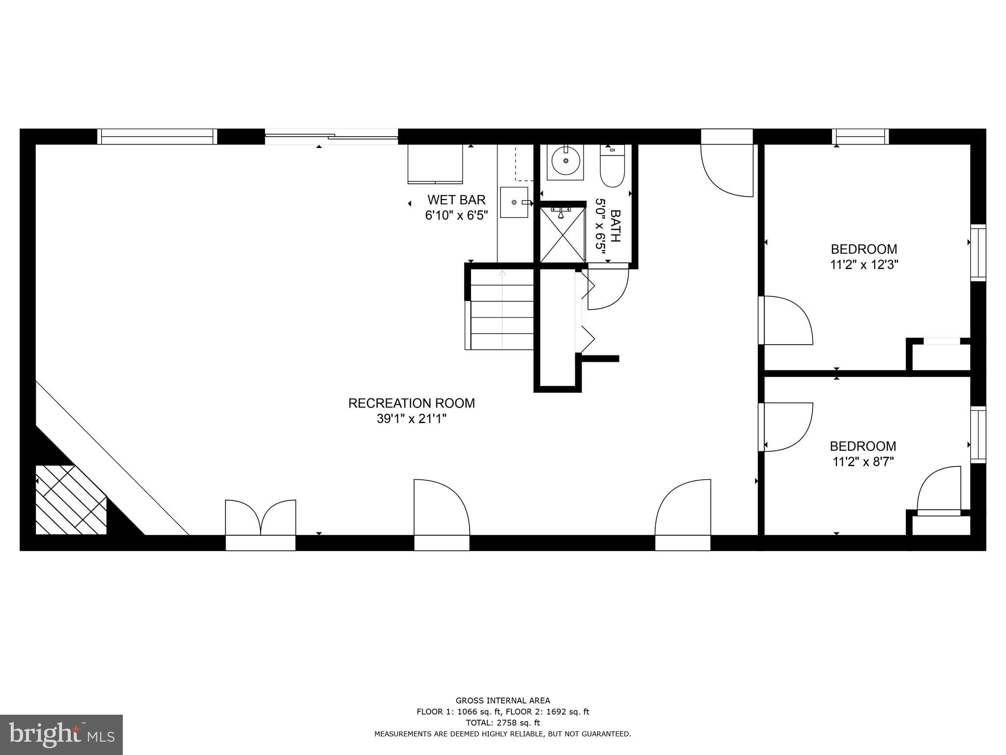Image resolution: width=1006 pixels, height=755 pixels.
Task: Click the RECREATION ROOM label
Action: (x=411, y=403)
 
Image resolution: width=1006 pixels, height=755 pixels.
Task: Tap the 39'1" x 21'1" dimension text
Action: (x=411, y=419)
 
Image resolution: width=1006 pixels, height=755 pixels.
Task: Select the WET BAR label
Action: (x=456, y=200)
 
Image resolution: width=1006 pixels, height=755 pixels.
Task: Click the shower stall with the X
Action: (x=562, y=235)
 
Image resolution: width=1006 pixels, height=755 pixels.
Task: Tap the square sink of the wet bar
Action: (x=514, y=202)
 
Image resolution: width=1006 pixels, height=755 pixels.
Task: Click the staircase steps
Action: (x=502, y=317)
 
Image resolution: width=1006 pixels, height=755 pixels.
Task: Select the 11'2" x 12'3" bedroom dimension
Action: (x=864, y=265)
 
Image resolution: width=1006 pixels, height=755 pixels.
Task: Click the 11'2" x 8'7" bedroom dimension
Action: (x=863, y=462)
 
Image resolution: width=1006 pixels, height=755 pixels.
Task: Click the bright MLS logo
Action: (x=61, y=734)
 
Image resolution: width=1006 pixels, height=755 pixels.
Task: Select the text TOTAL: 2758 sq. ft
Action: (x=503, y=723)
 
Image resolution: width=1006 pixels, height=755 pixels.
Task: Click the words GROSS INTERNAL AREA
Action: (x=503, y=701)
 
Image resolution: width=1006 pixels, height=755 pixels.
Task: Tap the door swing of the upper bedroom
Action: (x=786, y=320)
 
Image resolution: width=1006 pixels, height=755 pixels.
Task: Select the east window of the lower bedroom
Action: (x=978, y=435)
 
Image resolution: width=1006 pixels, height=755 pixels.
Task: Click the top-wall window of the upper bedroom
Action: (x=860, y=136)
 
